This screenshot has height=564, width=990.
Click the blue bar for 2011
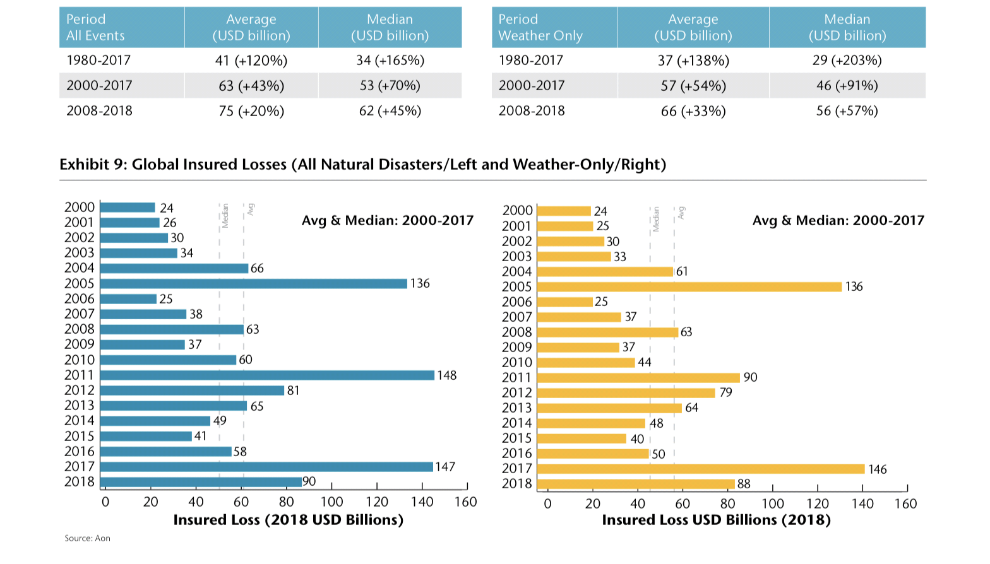267,375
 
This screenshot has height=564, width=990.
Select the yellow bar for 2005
689,286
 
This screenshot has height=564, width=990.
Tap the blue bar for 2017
266,467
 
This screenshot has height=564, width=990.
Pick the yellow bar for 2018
635,484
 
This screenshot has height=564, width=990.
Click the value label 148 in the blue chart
447,375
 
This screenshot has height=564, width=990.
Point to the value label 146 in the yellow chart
878,469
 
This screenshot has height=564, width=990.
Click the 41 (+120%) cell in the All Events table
251,61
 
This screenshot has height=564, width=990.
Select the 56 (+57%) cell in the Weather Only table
847,111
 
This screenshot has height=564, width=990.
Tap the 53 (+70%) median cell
390,86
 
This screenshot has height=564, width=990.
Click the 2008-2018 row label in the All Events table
100,111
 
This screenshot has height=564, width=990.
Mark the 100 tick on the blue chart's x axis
331,502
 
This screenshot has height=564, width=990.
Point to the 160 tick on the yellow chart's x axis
905,504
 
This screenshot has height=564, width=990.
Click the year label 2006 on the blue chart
80,299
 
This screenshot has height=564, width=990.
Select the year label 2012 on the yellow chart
517,392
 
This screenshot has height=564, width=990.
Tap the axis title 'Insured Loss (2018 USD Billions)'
288,520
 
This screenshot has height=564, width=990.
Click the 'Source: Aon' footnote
87,538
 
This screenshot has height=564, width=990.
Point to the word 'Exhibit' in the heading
84,165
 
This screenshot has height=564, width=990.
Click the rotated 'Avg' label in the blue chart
251,209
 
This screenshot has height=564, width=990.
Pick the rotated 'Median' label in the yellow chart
656,219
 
